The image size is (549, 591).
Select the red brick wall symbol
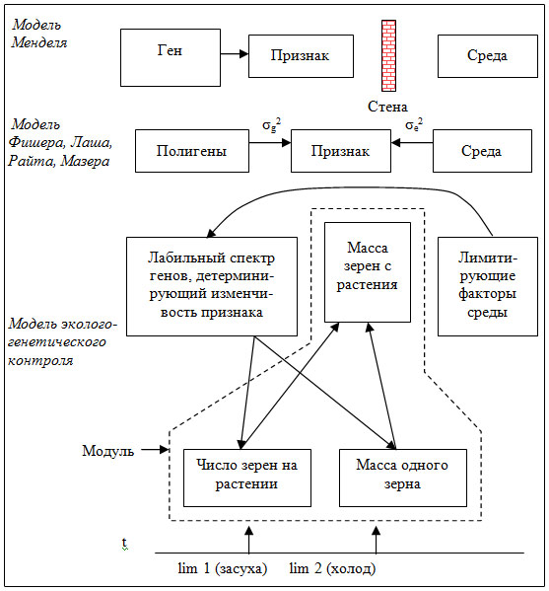(388, 56)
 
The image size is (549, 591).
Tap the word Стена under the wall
(387, 107)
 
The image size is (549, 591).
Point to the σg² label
(271, 124)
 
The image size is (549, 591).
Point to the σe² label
(414, 124)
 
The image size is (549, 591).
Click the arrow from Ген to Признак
(235, 54)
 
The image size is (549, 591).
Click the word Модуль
(108, 451)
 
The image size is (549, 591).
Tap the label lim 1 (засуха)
(222, 568)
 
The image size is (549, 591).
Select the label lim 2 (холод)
(332, 568)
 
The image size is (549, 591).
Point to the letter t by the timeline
(124, 543)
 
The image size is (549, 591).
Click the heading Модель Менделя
(39, 34)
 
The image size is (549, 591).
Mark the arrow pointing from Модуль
(155, 449)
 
